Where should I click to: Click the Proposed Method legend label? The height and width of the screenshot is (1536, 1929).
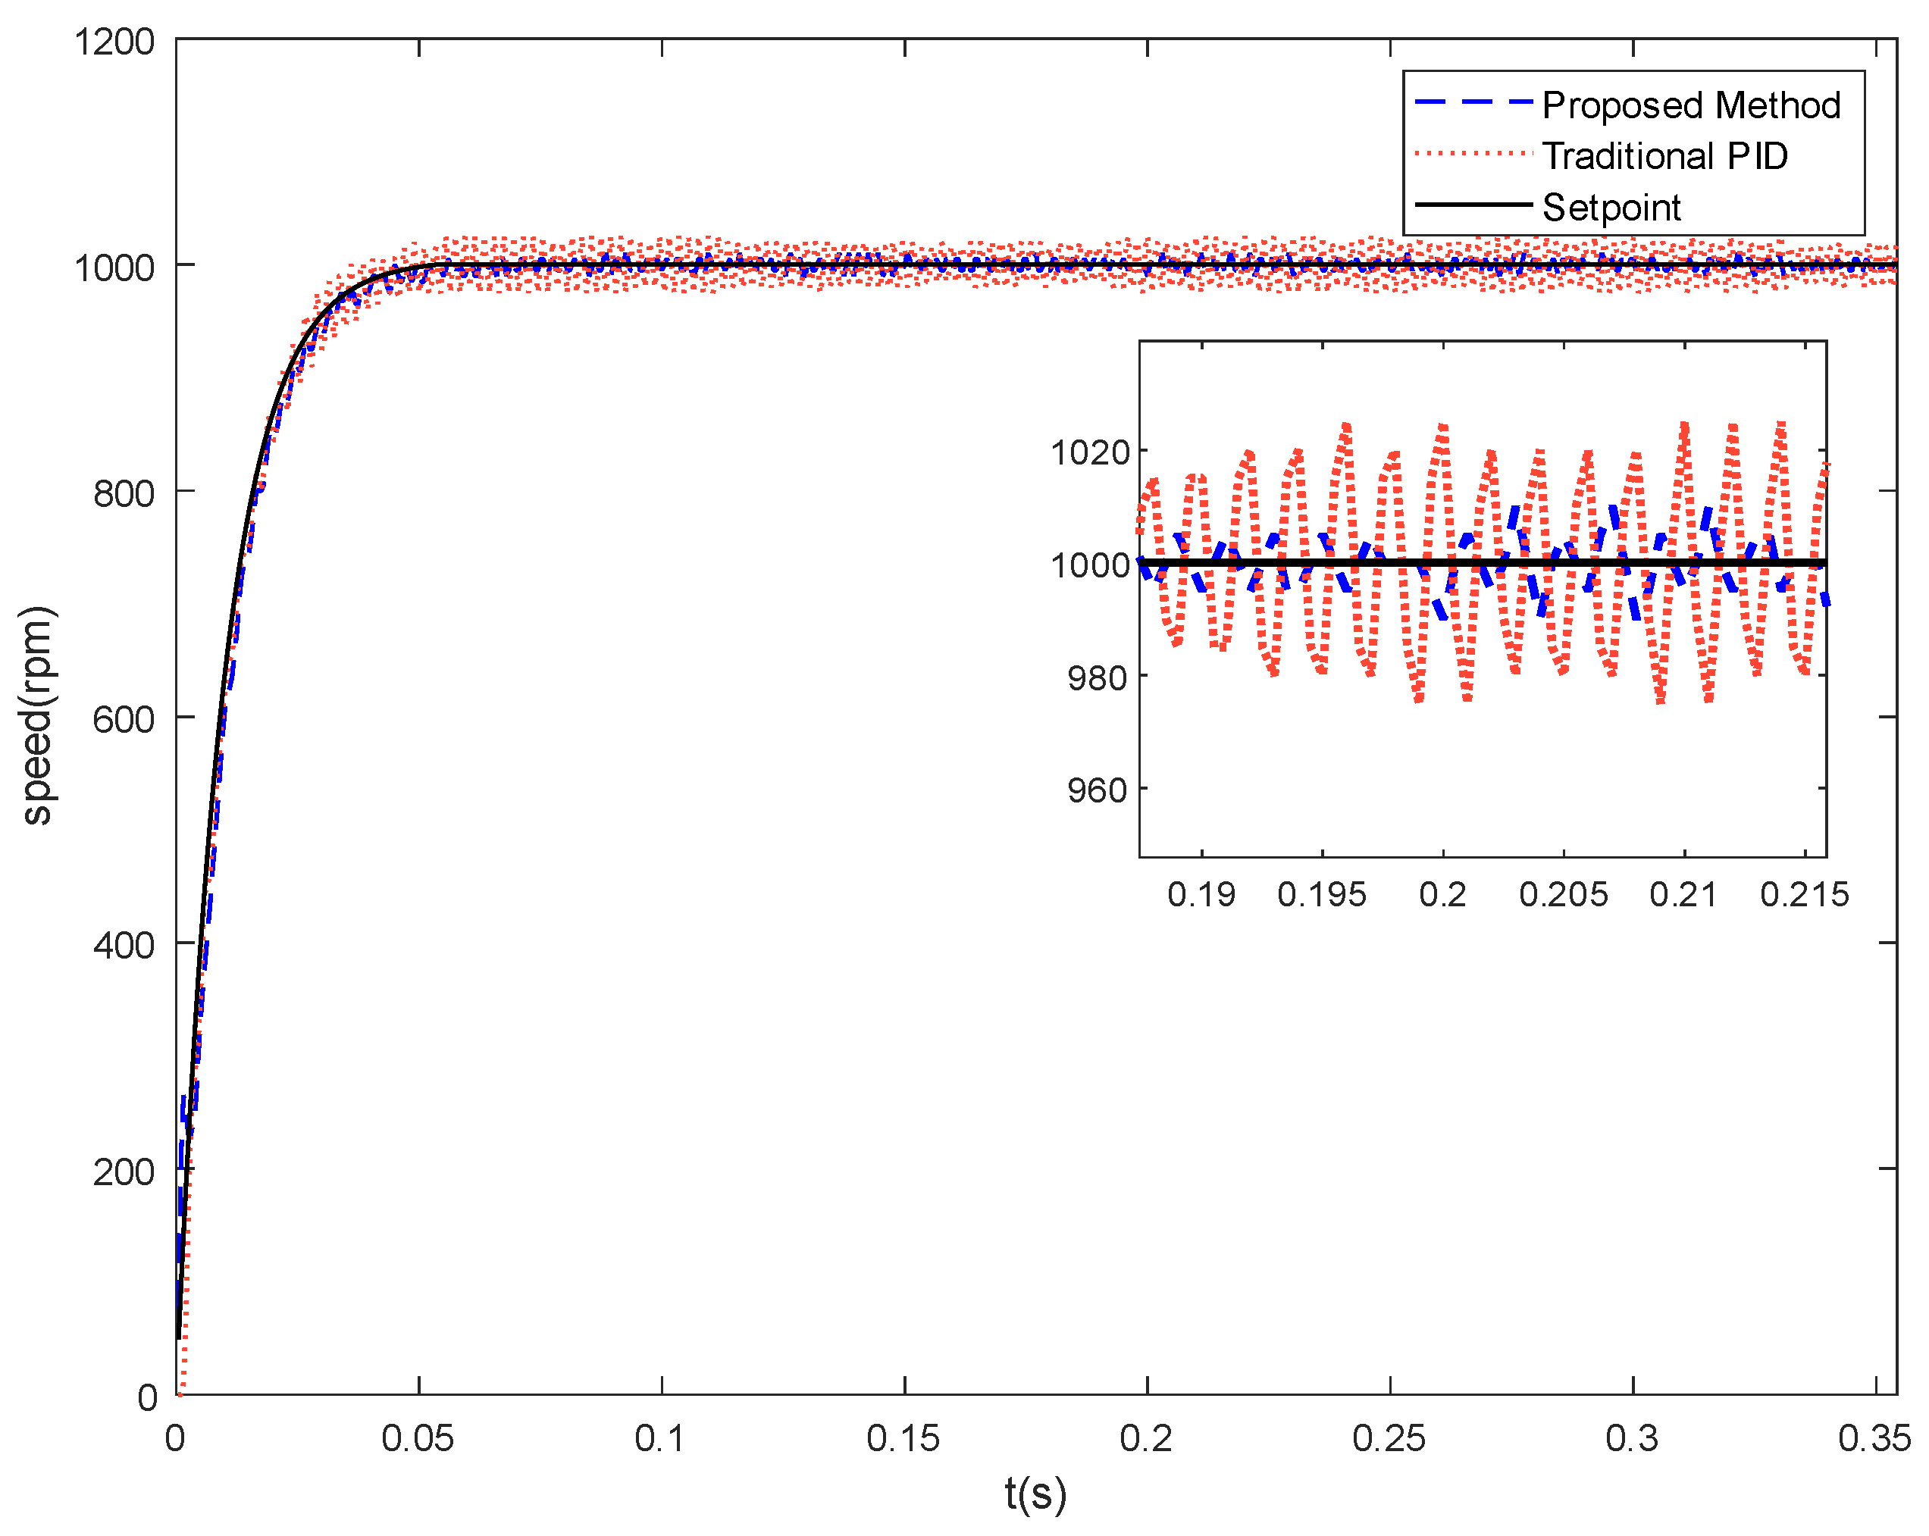pos(1690,105)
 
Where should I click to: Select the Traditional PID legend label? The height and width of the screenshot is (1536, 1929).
pos(1664,157)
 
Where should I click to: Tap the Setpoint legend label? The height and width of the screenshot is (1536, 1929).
pos(1611,208)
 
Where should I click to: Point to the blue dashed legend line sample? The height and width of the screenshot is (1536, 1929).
pos(1473,102)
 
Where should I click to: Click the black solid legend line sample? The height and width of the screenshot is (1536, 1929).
pos(1473,205)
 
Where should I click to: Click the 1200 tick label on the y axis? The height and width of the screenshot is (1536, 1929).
pos(114,42)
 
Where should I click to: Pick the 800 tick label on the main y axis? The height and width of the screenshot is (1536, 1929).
pos(124,493)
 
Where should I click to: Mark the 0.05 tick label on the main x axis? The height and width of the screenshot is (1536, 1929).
pos(417,1438)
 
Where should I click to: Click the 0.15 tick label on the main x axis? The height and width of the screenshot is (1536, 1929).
pos(903,1438)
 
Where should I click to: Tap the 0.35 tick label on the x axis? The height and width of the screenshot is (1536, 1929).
pos(1874,1438)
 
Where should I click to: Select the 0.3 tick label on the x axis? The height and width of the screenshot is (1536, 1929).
pos(1631,1438)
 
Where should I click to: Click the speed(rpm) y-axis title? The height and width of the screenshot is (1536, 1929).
pos(39,715)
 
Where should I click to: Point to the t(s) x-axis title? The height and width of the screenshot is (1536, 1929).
pos(1035,1494)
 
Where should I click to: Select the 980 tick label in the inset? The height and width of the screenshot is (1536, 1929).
pos(1096,678)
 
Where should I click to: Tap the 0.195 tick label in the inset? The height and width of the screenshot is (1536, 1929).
pos(1321,893)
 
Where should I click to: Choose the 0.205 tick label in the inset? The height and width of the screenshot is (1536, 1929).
pos(1563,893)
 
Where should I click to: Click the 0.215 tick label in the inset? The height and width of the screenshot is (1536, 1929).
pos(1804,893)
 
